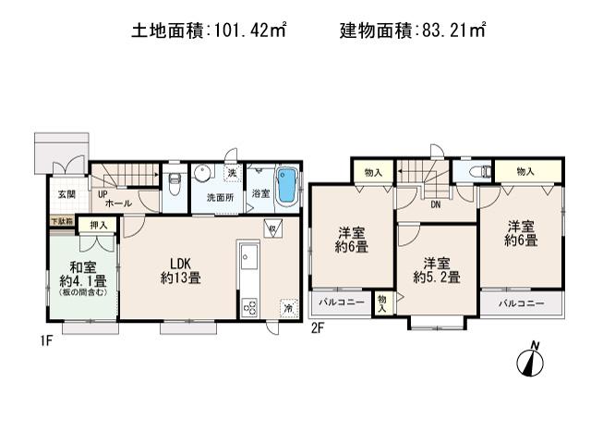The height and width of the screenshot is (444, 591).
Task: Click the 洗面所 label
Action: [219, 196]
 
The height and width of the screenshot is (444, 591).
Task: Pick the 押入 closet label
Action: [97, 224]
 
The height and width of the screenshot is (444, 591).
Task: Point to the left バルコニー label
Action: [343, 302]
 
